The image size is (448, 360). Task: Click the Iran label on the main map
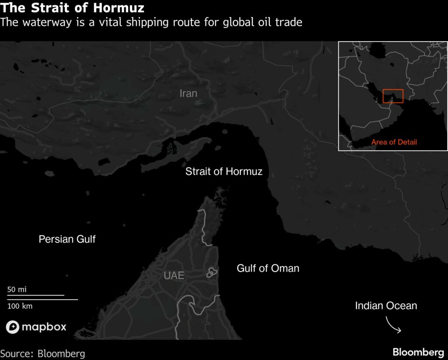click(x=189, y=93)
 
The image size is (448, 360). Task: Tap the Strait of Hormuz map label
click(x=224, y=171)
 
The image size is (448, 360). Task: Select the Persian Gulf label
click(x=67, y=239)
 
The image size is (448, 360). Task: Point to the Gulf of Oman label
click(x=268, y=268)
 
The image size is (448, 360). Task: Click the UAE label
click(x=174, y=276)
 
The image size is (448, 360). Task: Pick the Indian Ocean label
click(x=386, y=306)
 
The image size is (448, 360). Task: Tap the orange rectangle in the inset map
click(x=392, y=96)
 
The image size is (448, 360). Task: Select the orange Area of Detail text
click(x=394, y=142)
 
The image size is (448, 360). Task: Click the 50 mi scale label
click(x=17, y=289)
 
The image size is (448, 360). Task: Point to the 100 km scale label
click(x=20, y=306)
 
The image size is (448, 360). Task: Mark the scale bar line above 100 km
click(x=42, y=299)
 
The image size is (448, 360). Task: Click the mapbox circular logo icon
click(x=12, y=327)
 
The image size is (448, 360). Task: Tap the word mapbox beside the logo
click(x=44, y=327)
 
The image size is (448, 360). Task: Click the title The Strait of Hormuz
click(x=72, y=8)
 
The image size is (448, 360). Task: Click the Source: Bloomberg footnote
click(x=42, y=353)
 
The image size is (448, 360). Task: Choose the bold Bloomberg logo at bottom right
click(x=418, y=352)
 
